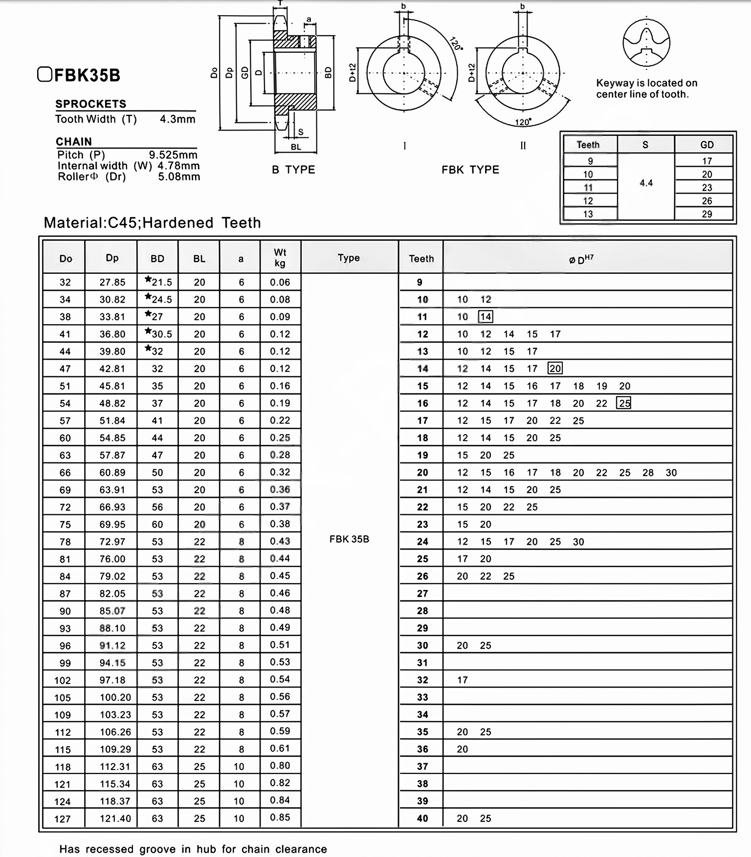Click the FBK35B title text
(87, 75)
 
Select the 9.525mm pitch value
(173, 155)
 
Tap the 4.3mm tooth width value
(177, 119)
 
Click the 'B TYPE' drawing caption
(293, 170)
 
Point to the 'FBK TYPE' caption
(470, 170)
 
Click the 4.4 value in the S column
(646, 183)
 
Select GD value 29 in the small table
(707, 214)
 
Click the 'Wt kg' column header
(280, 258)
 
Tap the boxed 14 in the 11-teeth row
(486, 317)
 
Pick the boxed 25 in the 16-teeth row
(624, 403)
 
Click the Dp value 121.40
(115, 818)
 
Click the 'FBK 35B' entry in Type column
(349, 539)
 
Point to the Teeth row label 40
(422, 818)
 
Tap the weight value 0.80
(280, 766)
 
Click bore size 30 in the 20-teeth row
(671, 473)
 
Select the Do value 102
(63, 680)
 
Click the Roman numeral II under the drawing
(523, 146)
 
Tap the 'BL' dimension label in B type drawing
(296, 147)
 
